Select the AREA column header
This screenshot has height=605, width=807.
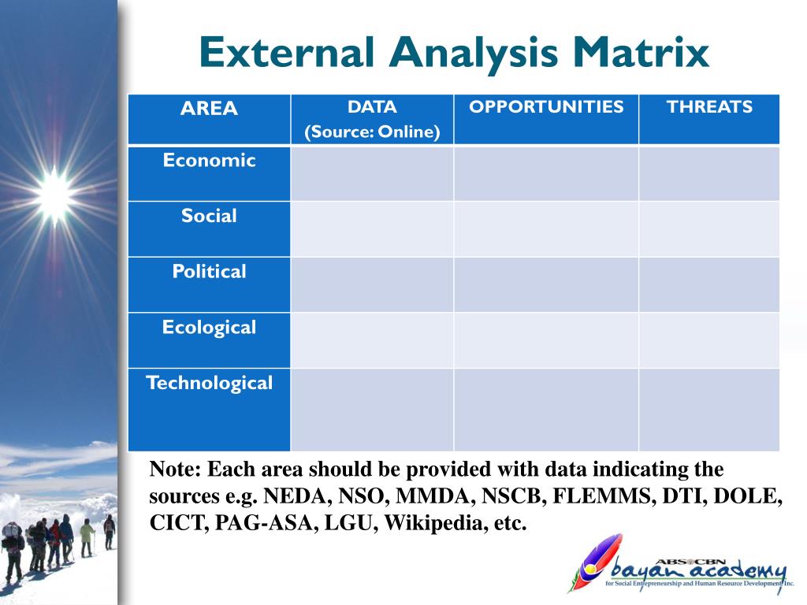point(209,109)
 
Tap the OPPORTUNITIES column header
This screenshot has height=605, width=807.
point(546,106)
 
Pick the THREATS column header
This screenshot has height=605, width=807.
point(709,106)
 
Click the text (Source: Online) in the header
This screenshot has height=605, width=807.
point(372,132)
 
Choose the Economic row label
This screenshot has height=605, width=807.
point(209,160)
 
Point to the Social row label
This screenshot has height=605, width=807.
point(209,216)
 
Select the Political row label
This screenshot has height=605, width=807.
point(209,271)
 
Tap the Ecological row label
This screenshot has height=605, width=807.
point(209,328)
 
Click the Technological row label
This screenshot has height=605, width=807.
point(209,384)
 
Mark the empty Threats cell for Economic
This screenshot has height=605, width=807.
point(709,174)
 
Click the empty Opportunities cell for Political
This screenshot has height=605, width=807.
point(546,284)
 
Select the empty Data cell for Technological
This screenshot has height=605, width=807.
point(372,410)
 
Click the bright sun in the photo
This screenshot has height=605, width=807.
point(54,195)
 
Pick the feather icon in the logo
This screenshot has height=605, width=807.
point(598,562)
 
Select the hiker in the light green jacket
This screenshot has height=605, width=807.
point(87,537)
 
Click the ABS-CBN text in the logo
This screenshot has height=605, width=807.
point(690,562)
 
